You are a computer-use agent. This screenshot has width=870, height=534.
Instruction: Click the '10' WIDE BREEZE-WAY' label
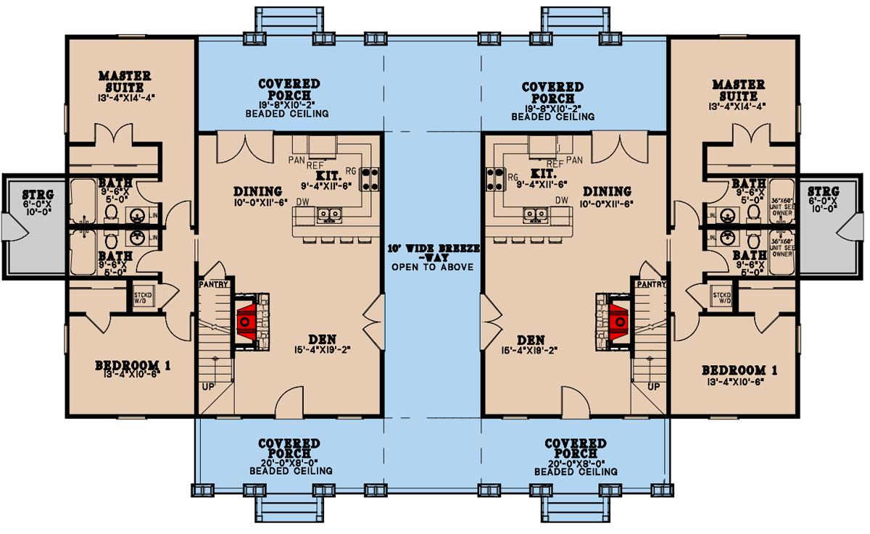pyautogui.click(x=432, y=252)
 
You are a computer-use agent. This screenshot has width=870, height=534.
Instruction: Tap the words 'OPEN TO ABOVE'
pyautogui.click(x=432, y=267)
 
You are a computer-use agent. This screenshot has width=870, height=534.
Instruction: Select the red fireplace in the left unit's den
pyautogui.click(x=246, y=320)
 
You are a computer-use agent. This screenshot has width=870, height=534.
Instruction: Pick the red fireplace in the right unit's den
pyautogui.click(x=618, y=320)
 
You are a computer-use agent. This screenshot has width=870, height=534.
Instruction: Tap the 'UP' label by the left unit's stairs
pyautogui.click(x=208, y=386)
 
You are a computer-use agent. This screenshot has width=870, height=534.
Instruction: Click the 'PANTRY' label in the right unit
pyautogui.click(x=653, y=285)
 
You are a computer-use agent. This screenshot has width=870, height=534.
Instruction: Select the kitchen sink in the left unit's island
pyautogui.click(x=328, y=214)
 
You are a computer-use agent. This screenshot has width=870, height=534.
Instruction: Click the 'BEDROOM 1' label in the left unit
pyautogui.click(x=133, y=367)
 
